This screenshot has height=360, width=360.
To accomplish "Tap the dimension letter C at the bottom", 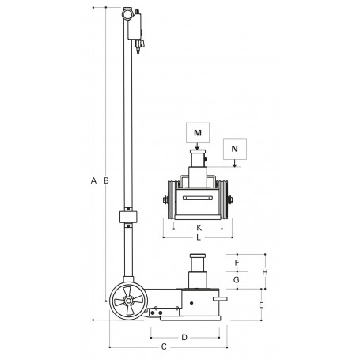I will [164, 347].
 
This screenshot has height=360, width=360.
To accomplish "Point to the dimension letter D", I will [184, 337].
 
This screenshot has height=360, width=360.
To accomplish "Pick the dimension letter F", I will [237, 261].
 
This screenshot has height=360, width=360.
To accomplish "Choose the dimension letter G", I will [237, 279].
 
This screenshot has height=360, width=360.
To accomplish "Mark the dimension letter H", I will [266, 271].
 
